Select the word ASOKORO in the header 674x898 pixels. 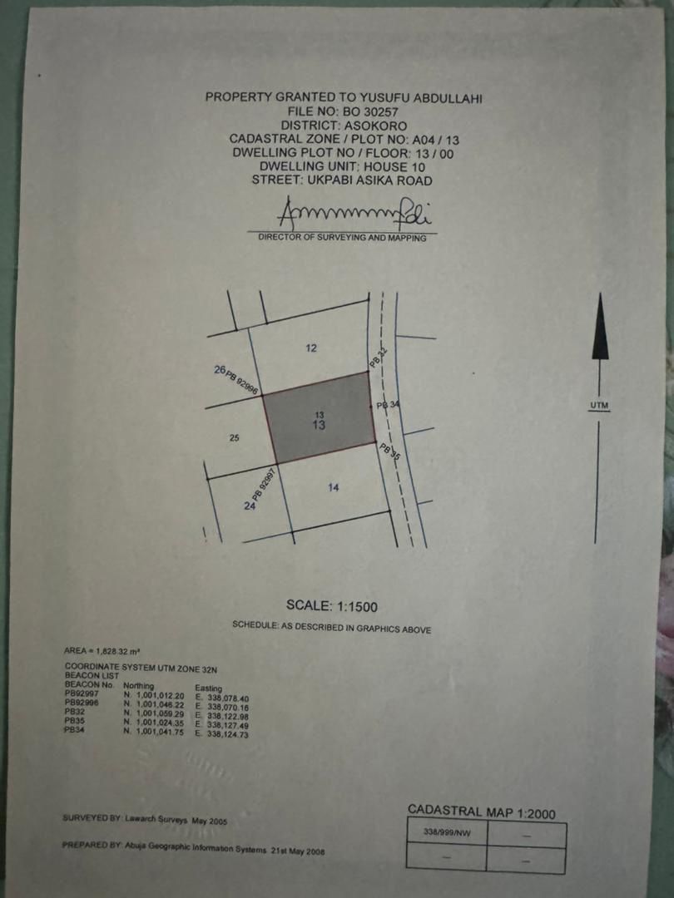tap(375, 126)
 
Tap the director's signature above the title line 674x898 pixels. tap(354, 213)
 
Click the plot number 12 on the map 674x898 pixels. tap(311, 348)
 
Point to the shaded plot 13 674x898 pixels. tap(320, 417)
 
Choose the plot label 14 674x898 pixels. tap(334, 487)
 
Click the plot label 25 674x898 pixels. tap(234, 438)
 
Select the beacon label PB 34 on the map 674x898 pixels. tap(388, 405)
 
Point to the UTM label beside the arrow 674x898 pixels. tap(599, 406)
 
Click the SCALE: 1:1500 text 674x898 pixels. tap(332, 606)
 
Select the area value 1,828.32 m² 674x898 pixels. tap(117, 651)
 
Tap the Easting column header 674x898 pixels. tap(208, 688)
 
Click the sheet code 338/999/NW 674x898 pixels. tap(447, 832)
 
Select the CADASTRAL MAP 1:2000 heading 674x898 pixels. tap(482, 812)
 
